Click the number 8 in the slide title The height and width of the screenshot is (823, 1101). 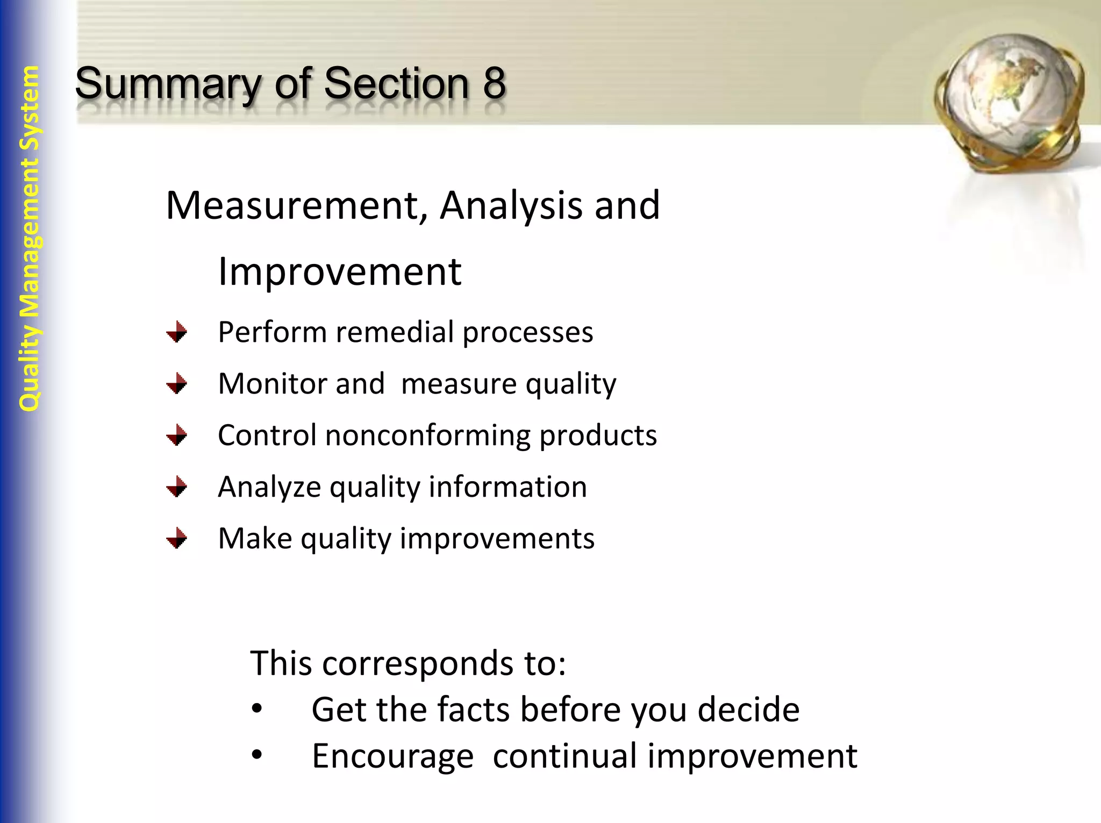494,83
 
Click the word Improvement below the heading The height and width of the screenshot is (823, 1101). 340,272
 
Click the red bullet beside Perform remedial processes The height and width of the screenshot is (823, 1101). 176,332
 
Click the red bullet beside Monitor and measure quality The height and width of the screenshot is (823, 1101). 176,384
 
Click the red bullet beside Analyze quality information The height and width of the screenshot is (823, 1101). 176,487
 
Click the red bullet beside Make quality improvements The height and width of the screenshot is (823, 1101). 176,538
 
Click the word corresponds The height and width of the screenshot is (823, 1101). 418,663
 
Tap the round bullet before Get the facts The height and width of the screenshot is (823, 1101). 257,710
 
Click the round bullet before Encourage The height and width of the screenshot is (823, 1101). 257,756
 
